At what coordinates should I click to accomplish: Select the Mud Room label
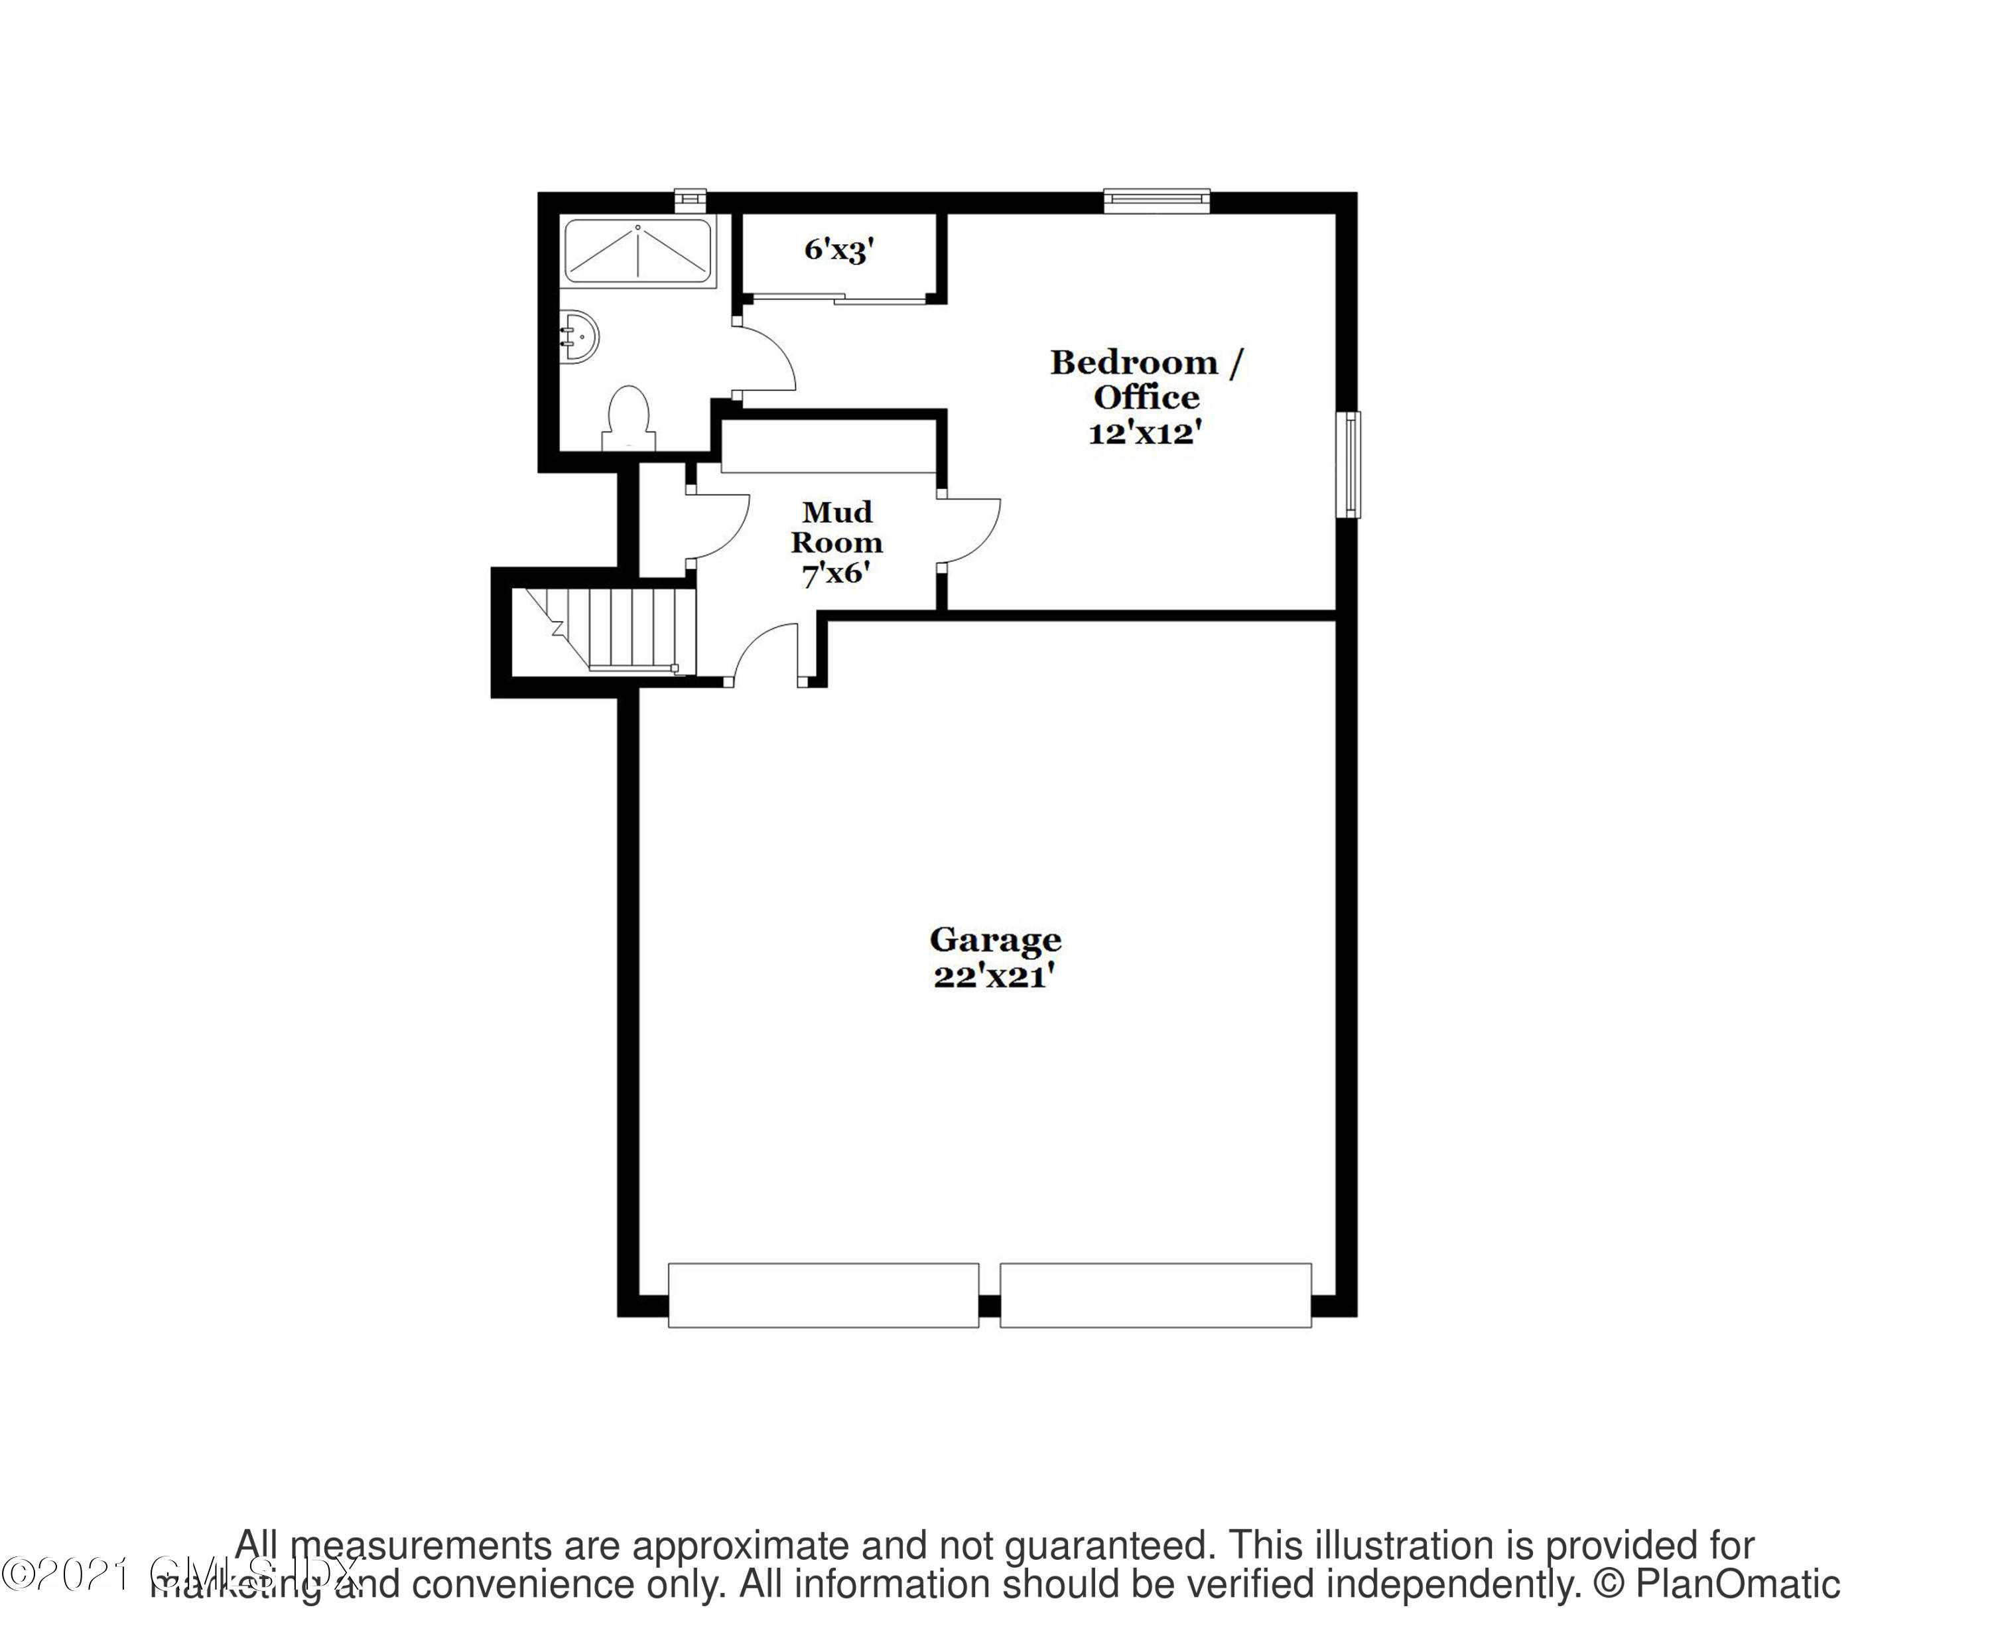tap(836, 527)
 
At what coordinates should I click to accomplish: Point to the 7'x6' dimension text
tap(836, 573)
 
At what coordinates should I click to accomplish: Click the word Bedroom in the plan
tap(1134, 362)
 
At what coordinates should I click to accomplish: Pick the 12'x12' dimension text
tap(1145, 433)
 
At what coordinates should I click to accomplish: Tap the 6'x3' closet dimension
tap(838, 249)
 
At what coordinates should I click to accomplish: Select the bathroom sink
tap(579, 336)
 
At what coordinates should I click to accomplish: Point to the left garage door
tap(823, 1294)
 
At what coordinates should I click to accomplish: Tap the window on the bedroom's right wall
tap(1347, 464)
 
